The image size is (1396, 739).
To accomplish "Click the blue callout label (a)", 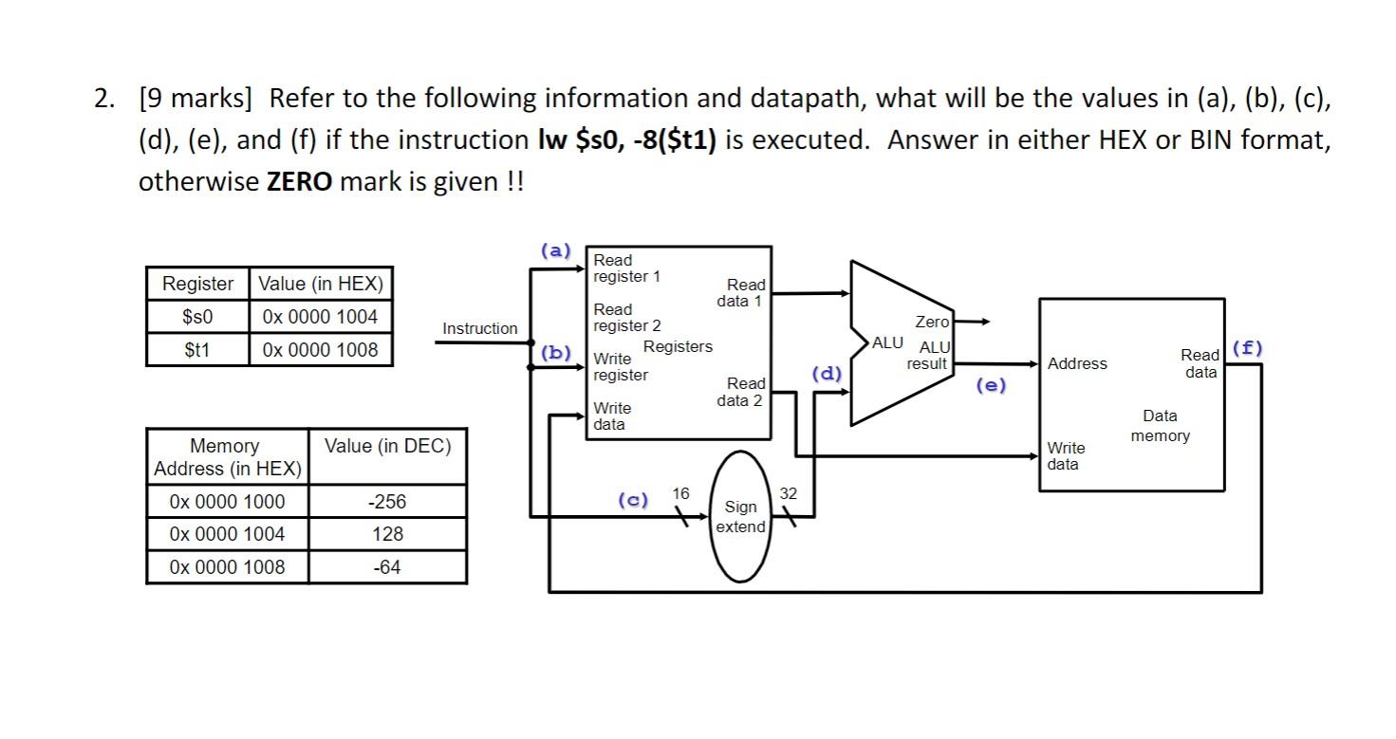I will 555,251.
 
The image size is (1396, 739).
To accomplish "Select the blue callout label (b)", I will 555,353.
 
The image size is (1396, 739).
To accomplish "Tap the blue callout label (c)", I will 633,500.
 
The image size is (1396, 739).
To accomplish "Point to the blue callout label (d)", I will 826,373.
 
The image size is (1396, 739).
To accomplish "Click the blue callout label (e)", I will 991,385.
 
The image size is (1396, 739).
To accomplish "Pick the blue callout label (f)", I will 1247,347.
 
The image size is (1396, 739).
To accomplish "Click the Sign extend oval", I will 740,517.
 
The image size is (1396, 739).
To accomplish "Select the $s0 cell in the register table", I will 197,317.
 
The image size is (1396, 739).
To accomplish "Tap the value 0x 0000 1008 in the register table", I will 320,350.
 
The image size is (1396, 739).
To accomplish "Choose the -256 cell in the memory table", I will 387,502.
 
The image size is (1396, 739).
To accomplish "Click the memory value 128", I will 387,534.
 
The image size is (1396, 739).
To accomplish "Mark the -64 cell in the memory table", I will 387,567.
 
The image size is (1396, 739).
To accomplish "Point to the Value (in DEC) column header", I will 387,446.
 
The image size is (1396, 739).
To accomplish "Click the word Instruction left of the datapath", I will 480,328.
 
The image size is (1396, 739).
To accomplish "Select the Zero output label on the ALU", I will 931,323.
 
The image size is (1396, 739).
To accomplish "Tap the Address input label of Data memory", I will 1077,364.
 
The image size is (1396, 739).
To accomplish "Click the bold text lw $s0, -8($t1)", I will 626,140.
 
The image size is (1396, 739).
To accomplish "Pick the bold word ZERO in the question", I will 300,181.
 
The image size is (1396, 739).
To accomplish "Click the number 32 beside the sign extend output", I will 789,493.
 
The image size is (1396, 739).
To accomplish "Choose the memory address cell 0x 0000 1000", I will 227,502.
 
